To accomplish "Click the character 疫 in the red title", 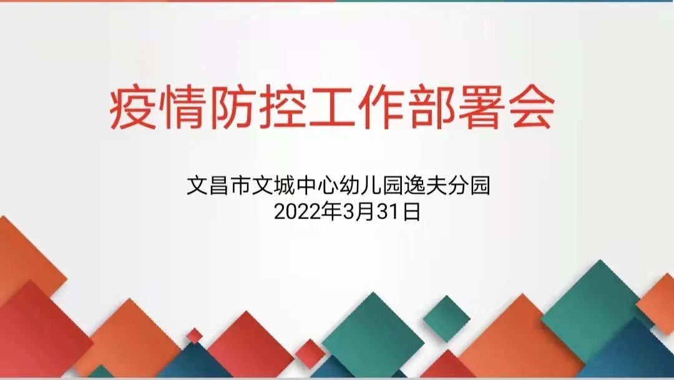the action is pyautogui.click(x=133, y=108).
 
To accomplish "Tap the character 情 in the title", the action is pyautogui.click(x=182, y=108).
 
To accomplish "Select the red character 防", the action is pyautogui.click(x=233, y=108).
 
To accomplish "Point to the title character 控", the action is pyautogui.click(x=283, y=108).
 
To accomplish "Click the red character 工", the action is pyautogui.click(x=332, y=108).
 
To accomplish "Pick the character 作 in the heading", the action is pyautogui.click(x=382, y=108).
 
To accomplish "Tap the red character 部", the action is pyautogui.click(x=432, y=108).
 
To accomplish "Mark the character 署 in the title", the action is pyautogui.click(x=482, y=108).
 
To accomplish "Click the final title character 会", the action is pyautogui.click(x=532, y=108).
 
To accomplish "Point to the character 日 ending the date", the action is pyautogui.click(x=412, y=212).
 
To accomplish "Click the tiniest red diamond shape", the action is pyautogui.click(x=194, y=335).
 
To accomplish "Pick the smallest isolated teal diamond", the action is pyautogui.click(x=446, y=319).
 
